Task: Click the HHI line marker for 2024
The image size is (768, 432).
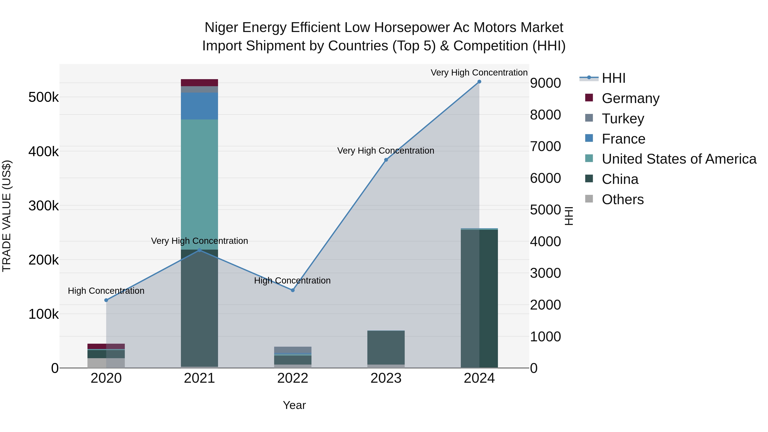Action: (479, 82)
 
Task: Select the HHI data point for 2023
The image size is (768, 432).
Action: (386, 160)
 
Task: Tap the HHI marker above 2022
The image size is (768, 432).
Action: (292, 290)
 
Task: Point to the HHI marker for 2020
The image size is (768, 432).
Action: (106, 300)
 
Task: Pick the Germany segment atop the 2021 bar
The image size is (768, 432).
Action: (199, 83)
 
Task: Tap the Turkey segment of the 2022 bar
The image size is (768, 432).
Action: (292, 350)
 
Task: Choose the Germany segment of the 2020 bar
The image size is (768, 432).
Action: (106, 346)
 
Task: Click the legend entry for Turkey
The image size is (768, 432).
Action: (623, 119)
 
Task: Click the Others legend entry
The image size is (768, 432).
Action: (623, 199)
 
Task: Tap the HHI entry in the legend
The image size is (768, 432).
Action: (613, 78)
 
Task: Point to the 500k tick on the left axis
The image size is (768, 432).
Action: (44, 97)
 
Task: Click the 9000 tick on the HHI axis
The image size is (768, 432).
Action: (545, 83)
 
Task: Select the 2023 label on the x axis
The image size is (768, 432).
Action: (386, 378)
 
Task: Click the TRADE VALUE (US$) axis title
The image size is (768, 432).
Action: (7, 216)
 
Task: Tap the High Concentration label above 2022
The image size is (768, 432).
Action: (292, 281)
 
